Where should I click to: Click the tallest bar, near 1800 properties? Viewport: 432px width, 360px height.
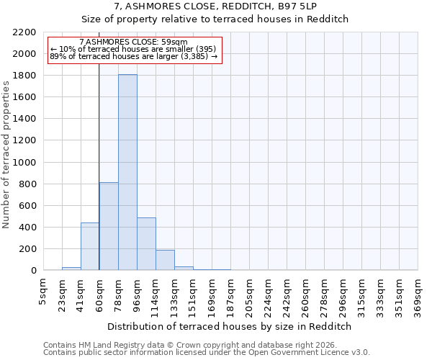coord(127,173)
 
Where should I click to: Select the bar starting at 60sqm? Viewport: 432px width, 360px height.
coord(109,227)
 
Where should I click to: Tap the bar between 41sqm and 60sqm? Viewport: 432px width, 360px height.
coord(90,246)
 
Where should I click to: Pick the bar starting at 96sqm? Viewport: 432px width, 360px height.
coord(146,244)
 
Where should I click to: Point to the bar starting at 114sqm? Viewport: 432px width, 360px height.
coord(165,260)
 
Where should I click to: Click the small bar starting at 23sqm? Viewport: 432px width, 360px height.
coord(71,269)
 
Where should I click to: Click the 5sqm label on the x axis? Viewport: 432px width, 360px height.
coord(44,291)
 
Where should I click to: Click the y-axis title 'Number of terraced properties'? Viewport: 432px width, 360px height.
coord(6,155)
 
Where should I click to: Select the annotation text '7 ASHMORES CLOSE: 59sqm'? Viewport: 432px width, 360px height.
coord(133,42)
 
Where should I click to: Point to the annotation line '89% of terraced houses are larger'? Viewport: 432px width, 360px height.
coord(133,56)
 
